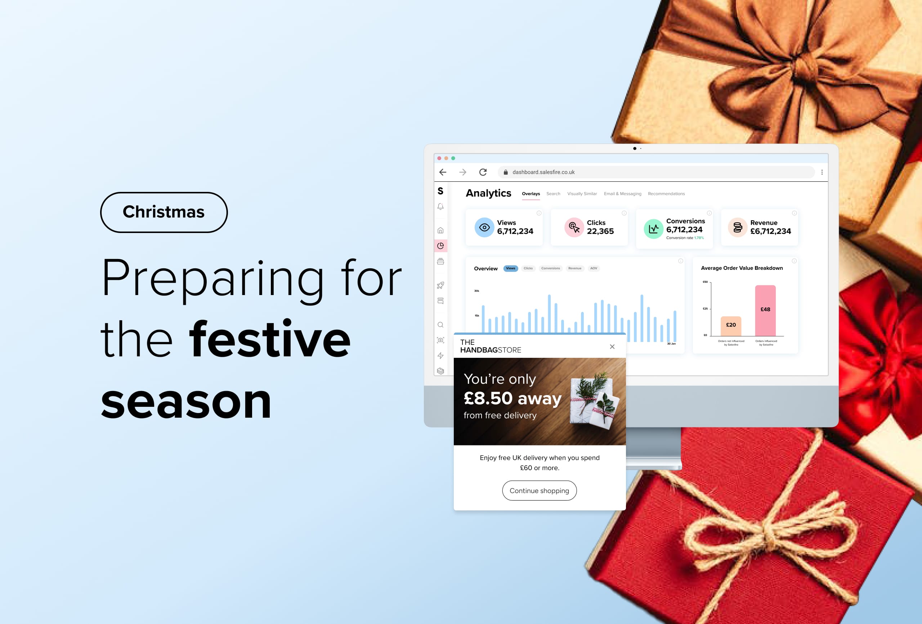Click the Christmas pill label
click(x=164, y=212)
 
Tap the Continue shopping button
click(x=539, y=491)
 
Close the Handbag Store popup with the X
click(x=612, y=347)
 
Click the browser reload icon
click(x=483, y=172)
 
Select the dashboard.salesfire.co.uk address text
click(x=543, y=172)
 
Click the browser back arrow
click(x=443, y=172)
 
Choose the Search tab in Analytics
click(x=553, y=194)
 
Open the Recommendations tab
click(x=666, y=194)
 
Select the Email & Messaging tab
click(x=622, y=194)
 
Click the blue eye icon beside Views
click(x=484, y=227)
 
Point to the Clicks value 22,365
click(x=600, y=231)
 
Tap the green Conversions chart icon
click(x=653, y=229)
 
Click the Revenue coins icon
click(x=738, y=227)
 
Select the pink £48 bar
click(x=765, y=310)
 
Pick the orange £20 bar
click(x=731, y=326)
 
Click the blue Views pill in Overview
click(x=511, y=268)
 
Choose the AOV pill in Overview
click(x=594, y=268)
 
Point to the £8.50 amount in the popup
click(x=488, y=399)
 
